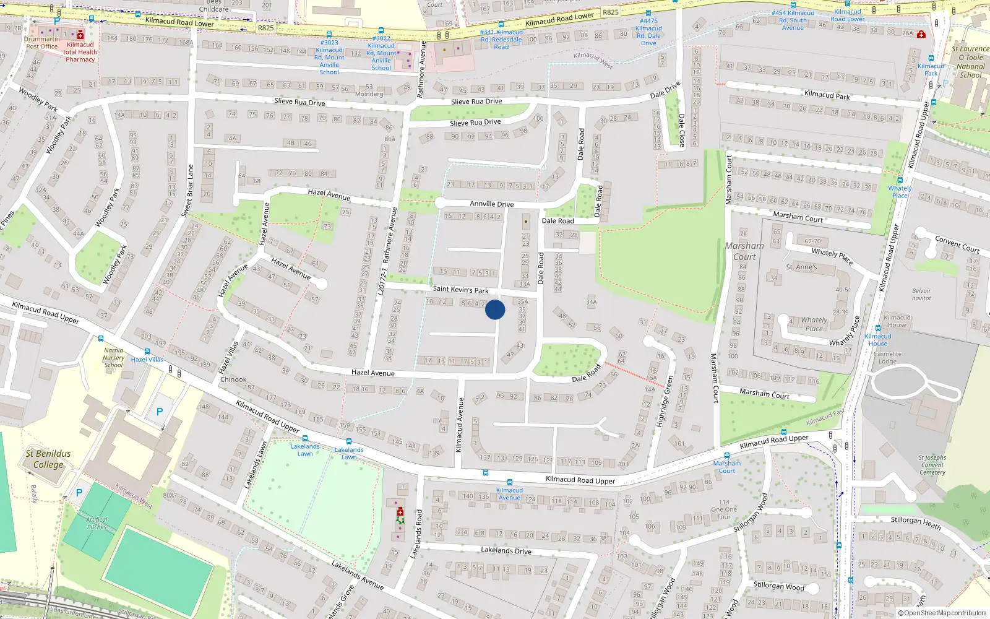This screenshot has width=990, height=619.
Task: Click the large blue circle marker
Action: click(x=495, y=309)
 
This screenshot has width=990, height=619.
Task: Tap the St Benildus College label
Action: click(x=48, y=459)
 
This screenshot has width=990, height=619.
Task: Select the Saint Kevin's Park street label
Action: click(x=460, y=289)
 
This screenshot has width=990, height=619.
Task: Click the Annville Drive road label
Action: click(x=491, y=204)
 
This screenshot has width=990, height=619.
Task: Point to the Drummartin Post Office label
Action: click(x=41, y=43)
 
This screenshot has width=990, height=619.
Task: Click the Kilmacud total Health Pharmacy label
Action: click(x=80, y=52)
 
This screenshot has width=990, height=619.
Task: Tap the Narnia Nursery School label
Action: click(x=113, y=358)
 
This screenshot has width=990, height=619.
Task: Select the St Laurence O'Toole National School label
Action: click(x=970, y=62)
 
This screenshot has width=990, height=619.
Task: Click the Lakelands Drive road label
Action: click(x=506, y=550)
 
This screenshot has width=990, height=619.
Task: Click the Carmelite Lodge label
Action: click(x=887, y=358)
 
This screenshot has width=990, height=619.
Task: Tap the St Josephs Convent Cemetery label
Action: click(x=932, y=465)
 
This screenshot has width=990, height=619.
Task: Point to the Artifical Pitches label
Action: click(x=97, y=523)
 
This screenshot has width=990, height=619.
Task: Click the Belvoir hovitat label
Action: click(x=921, y=295)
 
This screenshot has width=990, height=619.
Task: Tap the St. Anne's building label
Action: click(x=801, y=267)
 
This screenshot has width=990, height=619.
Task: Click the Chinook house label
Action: click(x=233, y=379)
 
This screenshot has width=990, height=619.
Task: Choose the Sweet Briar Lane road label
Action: click(x=187, y=191)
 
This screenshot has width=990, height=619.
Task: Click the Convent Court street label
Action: click(x=957, y=244)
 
